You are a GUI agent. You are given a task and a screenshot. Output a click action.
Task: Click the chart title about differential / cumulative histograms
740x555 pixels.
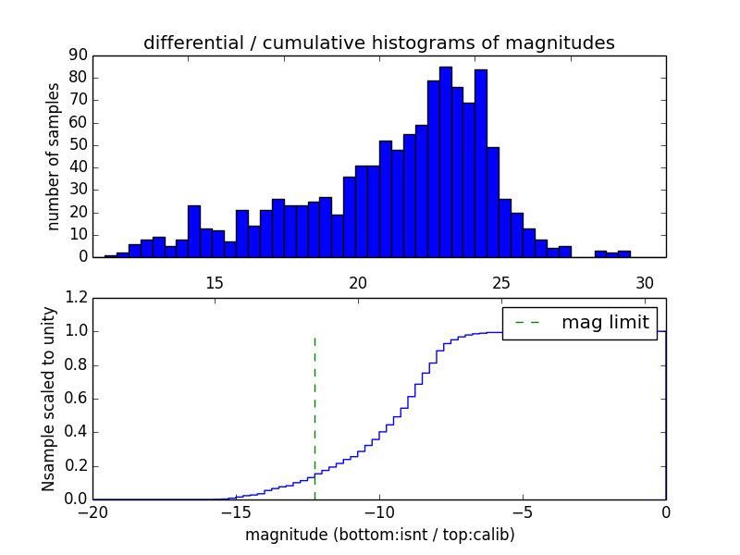(378, 43)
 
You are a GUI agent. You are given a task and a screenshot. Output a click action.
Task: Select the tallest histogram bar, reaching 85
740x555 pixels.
(445, 162)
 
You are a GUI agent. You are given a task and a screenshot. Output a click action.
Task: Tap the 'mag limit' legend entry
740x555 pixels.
(580, 323)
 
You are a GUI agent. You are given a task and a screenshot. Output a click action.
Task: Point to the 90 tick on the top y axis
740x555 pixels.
(78, 55)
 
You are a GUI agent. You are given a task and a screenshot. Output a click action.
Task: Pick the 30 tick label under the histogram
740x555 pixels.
(645, 283)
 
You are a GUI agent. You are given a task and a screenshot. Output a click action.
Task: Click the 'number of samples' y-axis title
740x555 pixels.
(54, 156)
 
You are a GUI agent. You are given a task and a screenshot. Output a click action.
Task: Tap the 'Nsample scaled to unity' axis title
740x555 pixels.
(49, 398)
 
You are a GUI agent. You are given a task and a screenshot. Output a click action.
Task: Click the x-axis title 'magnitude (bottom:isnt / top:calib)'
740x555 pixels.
(379, 536)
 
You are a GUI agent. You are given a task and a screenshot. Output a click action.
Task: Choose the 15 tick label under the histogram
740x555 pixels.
(214, 283)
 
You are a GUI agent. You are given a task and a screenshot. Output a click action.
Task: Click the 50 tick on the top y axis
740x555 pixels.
(78, 145)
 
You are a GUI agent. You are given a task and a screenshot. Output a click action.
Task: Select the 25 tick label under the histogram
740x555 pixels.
(501, 283)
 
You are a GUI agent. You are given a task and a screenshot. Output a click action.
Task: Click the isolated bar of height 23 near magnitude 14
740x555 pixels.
(193, 231)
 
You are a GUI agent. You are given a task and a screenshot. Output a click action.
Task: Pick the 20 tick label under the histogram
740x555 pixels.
(358, 283)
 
